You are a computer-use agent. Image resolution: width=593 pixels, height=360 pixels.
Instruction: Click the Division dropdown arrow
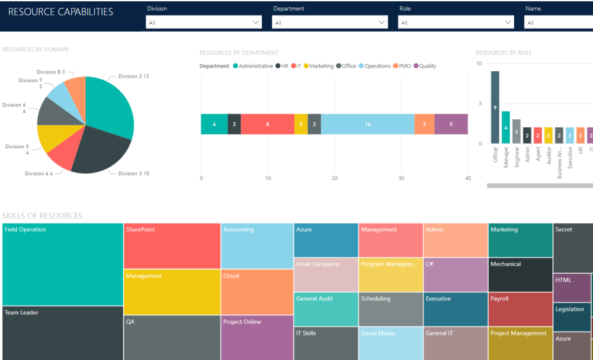point(257,23)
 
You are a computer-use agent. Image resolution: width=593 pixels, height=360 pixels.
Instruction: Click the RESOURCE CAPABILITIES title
point(61,12)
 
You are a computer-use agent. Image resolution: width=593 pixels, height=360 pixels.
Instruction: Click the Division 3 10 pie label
point(134,174)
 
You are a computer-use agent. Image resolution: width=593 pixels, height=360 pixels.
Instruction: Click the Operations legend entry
point(374,66)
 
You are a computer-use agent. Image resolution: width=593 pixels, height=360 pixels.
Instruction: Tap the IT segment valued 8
point(267,124)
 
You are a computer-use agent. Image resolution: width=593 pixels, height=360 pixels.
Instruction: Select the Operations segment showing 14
point(368,124)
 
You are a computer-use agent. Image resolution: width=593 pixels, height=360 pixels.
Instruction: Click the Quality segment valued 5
point(451,124)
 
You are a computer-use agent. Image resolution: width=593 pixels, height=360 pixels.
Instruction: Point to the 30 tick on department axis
point(401,178)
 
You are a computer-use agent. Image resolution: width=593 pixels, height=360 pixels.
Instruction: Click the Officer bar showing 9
point(495,107)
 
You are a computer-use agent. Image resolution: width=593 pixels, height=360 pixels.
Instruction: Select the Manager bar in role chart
point(506,127)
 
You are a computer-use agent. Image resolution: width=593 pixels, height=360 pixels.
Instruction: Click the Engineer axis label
point(517,157)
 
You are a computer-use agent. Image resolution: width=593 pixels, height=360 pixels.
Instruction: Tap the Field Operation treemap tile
point(63,264)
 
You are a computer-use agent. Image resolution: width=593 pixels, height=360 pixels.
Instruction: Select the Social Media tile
point(390,343)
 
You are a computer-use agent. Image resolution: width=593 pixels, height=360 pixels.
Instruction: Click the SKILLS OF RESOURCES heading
point(42,216)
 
